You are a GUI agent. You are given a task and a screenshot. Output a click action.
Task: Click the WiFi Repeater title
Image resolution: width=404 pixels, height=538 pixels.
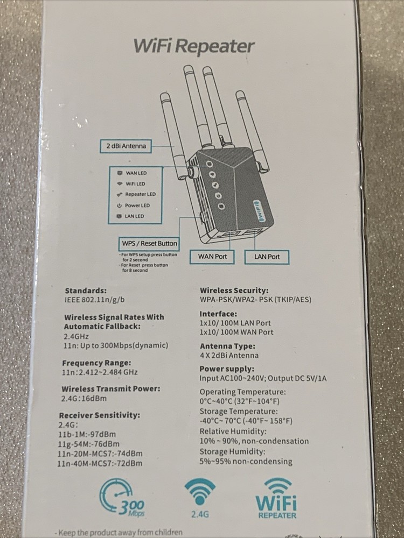coord(193,46)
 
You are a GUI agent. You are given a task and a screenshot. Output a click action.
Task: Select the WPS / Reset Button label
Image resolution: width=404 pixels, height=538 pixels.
coord(149,243)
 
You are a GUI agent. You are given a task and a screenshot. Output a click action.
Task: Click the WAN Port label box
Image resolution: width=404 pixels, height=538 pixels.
coord(212,257)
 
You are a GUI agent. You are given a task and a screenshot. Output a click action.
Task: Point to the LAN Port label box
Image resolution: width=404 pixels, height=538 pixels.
coord(267,257)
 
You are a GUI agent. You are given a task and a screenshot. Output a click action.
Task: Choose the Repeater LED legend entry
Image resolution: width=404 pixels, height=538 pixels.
coord(137,194)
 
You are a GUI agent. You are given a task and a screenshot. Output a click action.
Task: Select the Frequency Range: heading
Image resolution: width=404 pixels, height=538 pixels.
coord(96,363)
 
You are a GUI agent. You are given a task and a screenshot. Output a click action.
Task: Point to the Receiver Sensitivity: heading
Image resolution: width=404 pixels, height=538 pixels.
coord(99,415)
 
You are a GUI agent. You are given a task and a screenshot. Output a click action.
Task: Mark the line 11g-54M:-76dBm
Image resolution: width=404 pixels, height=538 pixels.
coord(88,444)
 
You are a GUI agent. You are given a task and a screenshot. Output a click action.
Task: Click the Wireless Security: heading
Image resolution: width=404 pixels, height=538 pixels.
coord(234,291)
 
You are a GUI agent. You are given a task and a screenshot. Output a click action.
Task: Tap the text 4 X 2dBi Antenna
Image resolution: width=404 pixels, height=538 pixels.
coord(229,356)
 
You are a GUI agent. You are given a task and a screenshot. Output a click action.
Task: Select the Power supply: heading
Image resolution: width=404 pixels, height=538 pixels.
coord(226,369)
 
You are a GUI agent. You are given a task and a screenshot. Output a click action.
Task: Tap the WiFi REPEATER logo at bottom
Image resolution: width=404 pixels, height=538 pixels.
coord(275,498)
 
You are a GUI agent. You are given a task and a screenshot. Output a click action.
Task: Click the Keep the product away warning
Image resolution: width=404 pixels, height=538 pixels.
coord(120,533)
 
